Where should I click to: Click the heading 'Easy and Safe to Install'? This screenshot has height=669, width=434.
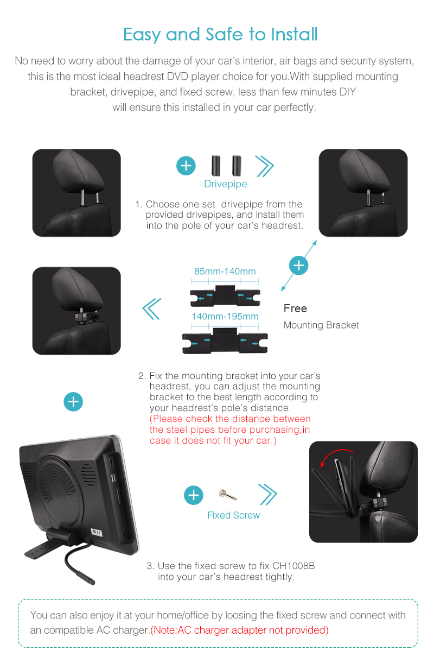click(x=220, y=35)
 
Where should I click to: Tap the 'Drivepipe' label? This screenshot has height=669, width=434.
click(x=226, y=184)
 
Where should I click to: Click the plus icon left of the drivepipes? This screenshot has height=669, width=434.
click(x=186, y=166)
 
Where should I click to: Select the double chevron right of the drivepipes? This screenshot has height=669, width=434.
click(x=265, y=166)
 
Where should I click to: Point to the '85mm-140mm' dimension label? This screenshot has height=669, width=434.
click(x=225, y=271)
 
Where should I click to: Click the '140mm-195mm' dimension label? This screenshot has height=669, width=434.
click(x=225, y=316)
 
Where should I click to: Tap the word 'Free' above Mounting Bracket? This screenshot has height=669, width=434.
click(x=295, y=308)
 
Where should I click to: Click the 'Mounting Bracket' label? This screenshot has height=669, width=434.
click(x=321, y=325)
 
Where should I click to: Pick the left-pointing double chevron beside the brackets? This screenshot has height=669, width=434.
click(x=152, y=309)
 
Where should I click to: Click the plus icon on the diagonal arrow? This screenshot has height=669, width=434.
click(x=298, y=266)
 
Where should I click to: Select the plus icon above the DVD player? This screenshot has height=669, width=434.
click(x=73, y=402)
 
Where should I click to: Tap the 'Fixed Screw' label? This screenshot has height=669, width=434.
click(x=234, y=515)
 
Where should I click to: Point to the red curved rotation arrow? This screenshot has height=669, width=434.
click(x=334, y=453)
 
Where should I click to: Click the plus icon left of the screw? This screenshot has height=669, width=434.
click(x=193, y=495)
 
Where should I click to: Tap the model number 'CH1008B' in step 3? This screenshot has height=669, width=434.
click(x=293, y=566)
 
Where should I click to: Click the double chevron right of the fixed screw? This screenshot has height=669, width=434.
click(x=268, y=494)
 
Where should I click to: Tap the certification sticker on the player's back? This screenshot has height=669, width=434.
click(x=97, y=532)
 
